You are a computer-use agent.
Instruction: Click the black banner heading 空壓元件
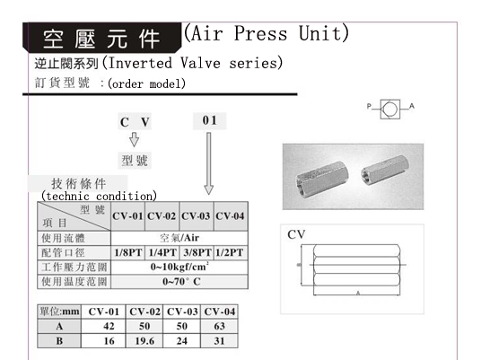tap(102, 38)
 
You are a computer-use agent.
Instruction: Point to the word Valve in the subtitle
tap(200, 63)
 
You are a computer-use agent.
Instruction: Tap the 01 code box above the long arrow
tap(209, 120)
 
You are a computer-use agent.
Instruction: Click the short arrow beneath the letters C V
tap(134, 139)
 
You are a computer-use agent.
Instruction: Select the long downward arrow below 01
tap(209, 163)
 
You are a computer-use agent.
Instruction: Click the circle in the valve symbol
tap(390, 109)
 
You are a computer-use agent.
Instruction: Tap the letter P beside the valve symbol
tap(369, 106)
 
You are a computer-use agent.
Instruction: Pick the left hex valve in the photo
tap(322, 179)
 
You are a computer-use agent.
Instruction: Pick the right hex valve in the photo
tap(385, 170)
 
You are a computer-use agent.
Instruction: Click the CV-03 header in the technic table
tap(196, 216)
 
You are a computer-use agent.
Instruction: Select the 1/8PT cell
tap(128, 252)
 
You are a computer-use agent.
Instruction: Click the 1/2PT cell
tap(230, 252)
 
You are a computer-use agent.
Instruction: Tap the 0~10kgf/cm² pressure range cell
tap(179, 268)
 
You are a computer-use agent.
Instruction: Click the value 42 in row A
tap(109, 326)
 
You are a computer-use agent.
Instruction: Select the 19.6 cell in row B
tap(144, 340)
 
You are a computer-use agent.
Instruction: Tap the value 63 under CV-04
tap(219, 326)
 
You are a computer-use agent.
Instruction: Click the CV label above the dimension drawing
tap(296, 234)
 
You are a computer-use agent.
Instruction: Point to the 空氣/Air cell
tap(179, 238)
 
